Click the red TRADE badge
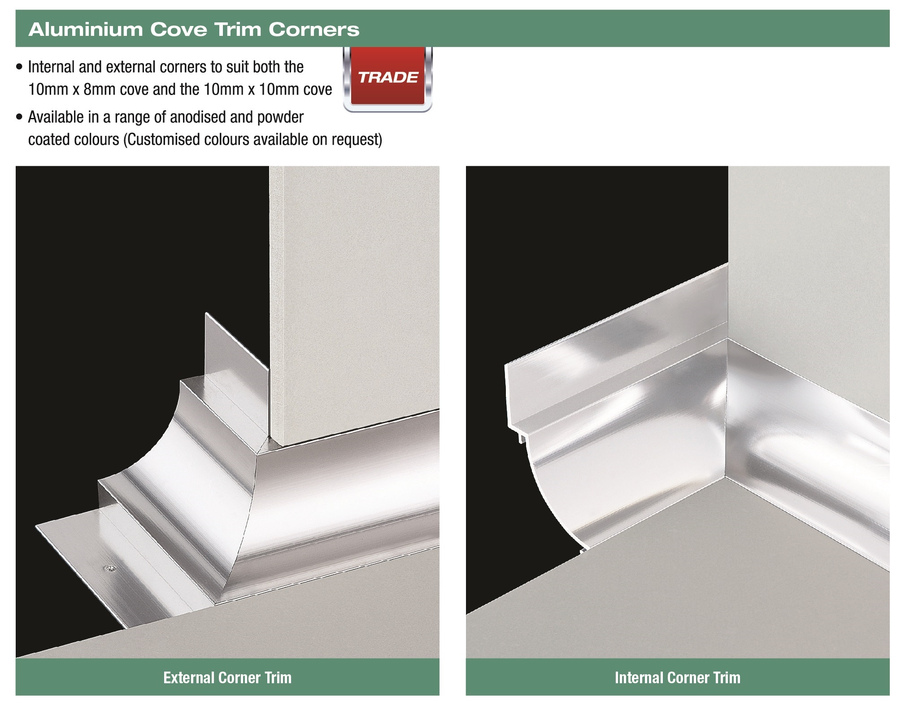click(x=388, y=78)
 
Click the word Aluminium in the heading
click(x=85, y=30)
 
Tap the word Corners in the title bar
click(x=314, y=30)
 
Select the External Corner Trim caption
click(x=227, y=677)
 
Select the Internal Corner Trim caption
click(x=677, y=677)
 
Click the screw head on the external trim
click(x=109, y=569)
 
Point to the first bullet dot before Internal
click(x=19, y=68)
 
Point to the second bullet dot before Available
click(x=19, y=118)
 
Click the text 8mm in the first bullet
click(x=99, y=90)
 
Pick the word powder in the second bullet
click(x=280, y=117)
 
